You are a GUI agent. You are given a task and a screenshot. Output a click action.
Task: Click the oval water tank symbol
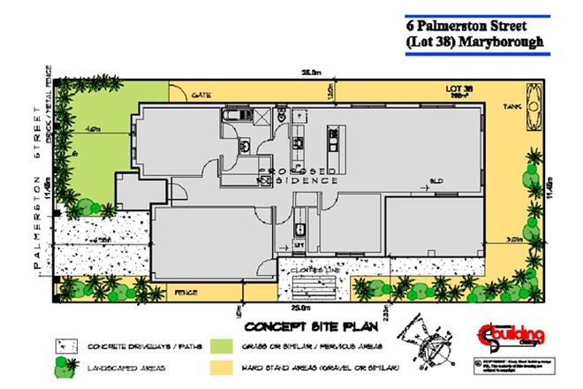(x=534, y=101)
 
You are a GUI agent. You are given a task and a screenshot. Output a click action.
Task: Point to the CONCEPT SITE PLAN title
(x=301, y=324)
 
